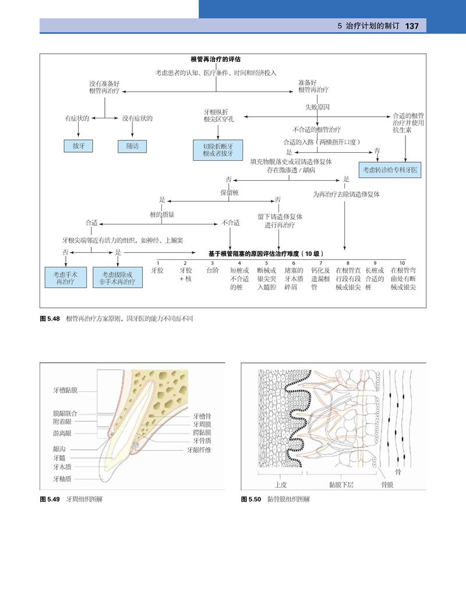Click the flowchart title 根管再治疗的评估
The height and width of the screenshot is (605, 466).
coord(216,59)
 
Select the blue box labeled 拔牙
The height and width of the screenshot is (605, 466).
coord(79,146)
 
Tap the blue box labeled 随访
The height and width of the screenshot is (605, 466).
coord(132,146)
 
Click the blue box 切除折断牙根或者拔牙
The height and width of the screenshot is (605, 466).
coord(218,150)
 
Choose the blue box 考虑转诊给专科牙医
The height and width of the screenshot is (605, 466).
coord(391,169)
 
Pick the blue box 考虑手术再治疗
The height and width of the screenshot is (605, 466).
coord(66,277)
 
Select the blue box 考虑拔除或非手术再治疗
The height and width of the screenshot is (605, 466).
coord(118,277)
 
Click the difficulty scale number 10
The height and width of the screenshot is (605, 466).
coord(402,263)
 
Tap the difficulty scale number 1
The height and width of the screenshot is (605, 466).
coord(158,263)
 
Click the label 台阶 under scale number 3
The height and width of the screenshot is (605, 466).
coord(213,271)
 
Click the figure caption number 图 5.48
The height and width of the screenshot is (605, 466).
coord(50,319)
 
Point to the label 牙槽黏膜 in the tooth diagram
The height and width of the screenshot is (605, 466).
coord(65,389)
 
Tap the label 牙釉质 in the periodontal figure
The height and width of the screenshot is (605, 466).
coord(62,479)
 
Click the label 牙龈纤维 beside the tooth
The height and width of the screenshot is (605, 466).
coord(199,450)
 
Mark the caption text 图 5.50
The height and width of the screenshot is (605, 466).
coord(252,500)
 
